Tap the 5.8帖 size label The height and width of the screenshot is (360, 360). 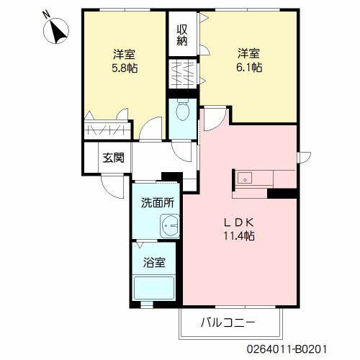pos(125,68)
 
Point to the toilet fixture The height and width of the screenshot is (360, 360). pos(183,112)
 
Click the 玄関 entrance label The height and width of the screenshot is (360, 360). pos(112,158)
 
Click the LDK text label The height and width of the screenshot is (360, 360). pos(240,221)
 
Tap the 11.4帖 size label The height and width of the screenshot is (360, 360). pos(240,235)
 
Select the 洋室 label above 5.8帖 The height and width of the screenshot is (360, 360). pos(125,54)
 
